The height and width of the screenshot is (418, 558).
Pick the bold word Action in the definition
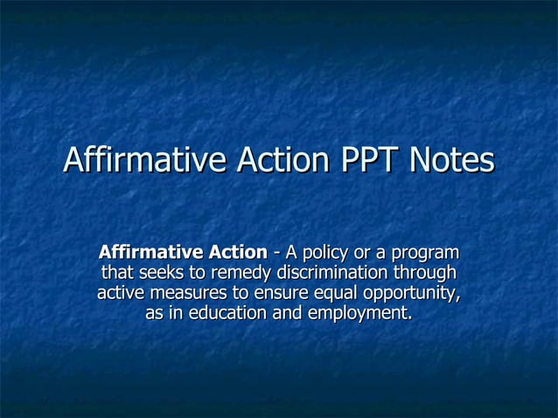tap(236, 253)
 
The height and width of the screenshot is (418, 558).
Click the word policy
tap(328, 254)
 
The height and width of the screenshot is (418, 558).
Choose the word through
tap(428, 273)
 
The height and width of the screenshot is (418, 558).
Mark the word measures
tap(185, 293)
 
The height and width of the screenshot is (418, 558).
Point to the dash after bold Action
tap(276, 254)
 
